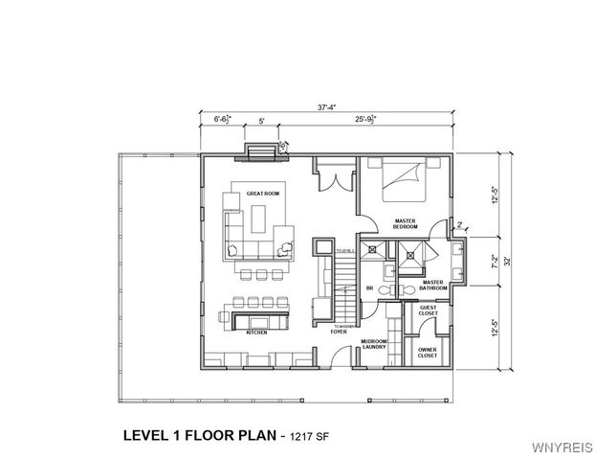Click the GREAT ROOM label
click(262, 194)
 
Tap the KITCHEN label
click(256, 333)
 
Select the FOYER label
click(339, 332)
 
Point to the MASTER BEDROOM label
click(406, 224)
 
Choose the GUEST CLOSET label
click(428, 311)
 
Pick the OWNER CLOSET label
click(428, 352)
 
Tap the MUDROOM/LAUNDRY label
click(373, 344)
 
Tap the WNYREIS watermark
click(562, 448)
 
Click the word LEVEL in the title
click(148, 434)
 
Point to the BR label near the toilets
click(368, 287)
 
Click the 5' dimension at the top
click(260, 122)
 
